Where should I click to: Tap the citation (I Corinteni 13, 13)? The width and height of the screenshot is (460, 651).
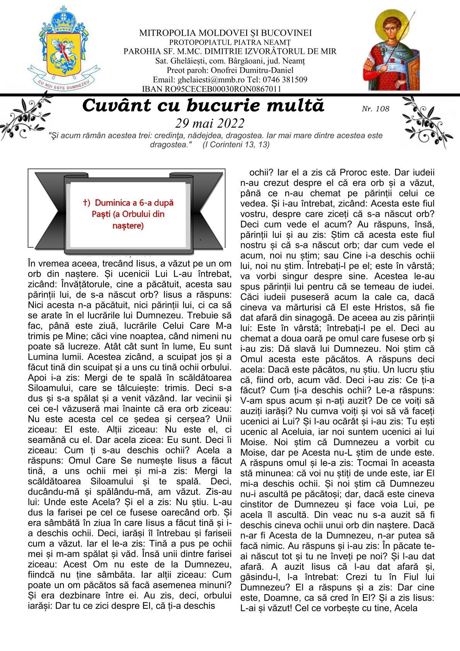[236, 145]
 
